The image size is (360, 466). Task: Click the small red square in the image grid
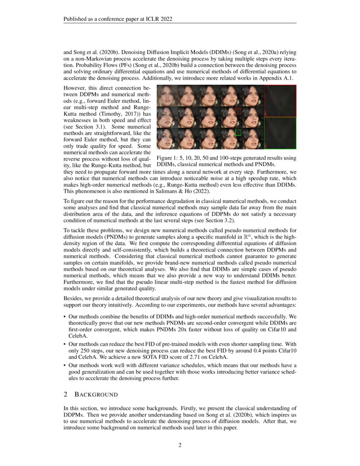tap(238, 111)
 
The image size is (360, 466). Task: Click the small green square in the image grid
tap(238, 133)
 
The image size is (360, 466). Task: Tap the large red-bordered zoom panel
tap(280, 101)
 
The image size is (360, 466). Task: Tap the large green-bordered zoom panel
tap(280, 133)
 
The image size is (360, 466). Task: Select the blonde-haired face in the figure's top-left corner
tap(167, 95)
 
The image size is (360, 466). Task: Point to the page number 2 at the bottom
tap(180, 445)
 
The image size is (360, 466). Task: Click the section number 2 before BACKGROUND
tap(66, 395)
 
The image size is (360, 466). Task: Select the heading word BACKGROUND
tap(96, 395)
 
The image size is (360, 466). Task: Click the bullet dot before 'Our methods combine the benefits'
tap(64, 316)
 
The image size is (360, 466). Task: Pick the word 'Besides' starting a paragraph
tap(73, 299)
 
